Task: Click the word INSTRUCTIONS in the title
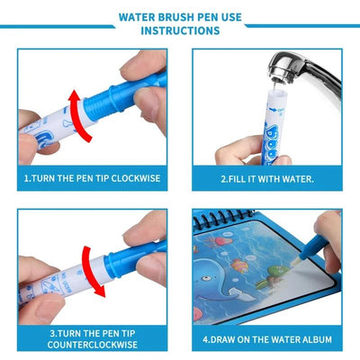pos(180,31)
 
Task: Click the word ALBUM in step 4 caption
pos(317,339)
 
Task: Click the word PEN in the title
pos(210,16)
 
